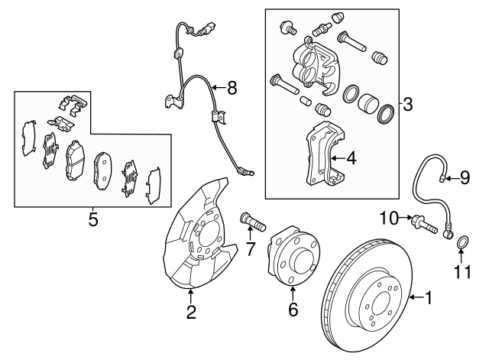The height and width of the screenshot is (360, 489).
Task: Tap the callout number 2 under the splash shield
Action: [191, 311]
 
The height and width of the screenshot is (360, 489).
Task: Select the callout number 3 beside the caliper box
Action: [408, 105]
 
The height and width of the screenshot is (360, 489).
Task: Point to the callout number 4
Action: [351, 160]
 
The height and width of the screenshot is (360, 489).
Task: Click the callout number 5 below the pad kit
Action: [92, 220]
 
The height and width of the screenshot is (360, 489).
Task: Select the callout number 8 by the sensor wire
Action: [232, 88]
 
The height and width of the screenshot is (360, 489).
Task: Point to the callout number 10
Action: [389, 219]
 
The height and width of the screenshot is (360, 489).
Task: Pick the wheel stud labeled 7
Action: [253, 222]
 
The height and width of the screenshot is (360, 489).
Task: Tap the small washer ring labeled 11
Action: [463, 244]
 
